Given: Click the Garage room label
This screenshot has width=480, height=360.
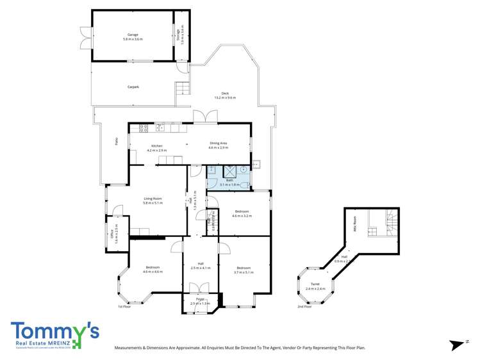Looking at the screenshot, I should (x=133, y=35).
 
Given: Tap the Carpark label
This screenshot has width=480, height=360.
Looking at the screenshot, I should (x=133, y=86).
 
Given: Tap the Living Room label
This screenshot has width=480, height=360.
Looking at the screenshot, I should (x=153, y=200).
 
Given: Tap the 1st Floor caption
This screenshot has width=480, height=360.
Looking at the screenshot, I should (x=125, y=307).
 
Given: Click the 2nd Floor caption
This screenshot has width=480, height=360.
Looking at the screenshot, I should (x=304, y=307).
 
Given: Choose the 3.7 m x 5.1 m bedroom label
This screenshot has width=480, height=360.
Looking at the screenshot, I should (x=244, y=268).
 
